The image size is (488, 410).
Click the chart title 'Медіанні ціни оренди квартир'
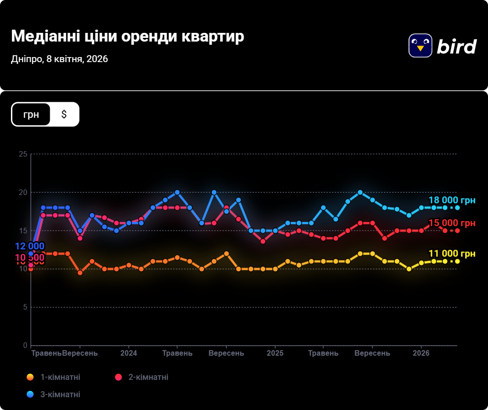[127, 37]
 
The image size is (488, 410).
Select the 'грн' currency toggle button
[31, 114]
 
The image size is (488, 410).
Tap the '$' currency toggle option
[64, 114]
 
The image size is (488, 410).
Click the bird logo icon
[420, 46]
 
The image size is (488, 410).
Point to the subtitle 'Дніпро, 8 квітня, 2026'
[59, 59]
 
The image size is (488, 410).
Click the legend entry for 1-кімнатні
[54, 377]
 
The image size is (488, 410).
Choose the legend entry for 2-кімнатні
[142, 377]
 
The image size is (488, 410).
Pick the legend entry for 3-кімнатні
[54, 394]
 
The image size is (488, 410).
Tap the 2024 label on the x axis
[129, 353]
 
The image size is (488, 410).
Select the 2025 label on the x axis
[275, 353]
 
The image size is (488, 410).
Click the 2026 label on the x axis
[421, 353]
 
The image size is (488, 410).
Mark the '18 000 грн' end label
[451, 200]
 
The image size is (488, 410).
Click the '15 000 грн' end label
[451, 223]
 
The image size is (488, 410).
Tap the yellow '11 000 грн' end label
[451, 254]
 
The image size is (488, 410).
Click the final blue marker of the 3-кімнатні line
[457, 208]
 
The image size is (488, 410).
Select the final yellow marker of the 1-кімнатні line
[457, 261]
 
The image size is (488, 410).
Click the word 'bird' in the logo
[457, 46]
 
